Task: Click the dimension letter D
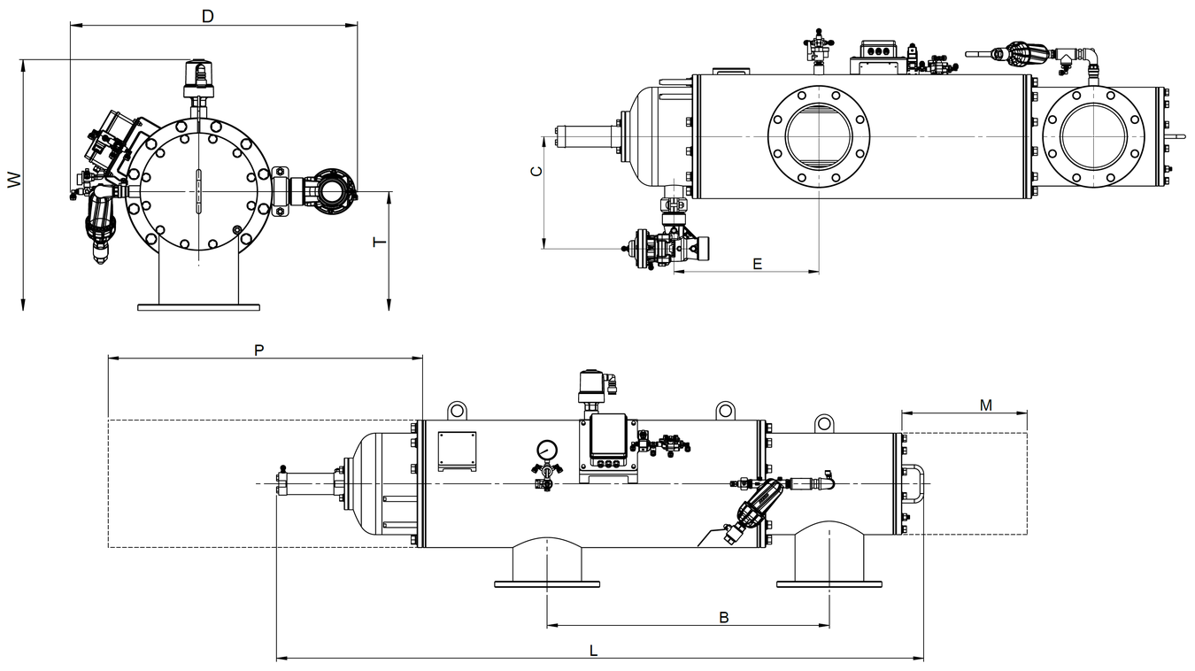(207, 17)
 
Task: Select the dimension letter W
(14, 181)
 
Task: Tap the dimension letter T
(380, 243)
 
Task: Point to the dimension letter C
(536, 171)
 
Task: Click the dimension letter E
(757, 264)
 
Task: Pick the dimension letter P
(258, 351)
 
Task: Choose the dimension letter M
(986, 405)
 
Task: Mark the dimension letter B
(724, 618)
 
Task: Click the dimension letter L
(593, 651)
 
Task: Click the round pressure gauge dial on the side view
(547, 450)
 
